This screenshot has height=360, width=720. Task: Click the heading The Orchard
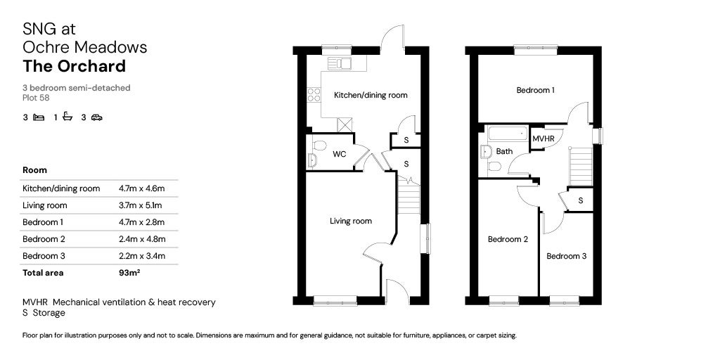pyautogui.click(x=74, y=66)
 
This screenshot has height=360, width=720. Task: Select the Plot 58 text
pyautogui.click(x=36, y=97)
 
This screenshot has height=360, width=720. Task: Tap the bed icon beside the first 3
pyautogui.click(x=39, y=117)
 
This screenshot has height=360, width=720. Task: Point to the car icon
pyautogui.click(x=96, y=117)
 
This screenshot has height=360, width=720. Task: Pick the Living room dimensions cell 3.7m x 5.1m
pyautogui.click(x=141, y=205)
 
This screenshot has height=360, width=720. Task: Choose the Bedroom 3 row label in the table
pyautogui.click(x=44, y=256)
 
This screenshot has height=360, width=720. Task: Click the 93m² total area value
pyautogui.click(x=129, y=273)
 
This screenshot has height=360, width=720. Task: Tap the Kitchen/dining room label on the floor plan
pyautogui.click(x=371, y=96)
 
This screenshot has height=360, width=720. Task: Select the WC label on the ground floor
pyautogui.click(x=340, y=154)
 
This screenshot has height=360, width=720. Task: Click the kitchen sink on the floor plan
pyautogui.click(x=340, y=63)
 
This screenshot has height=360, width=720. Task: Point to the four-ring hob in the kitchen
pyautogui.click(x=314, y=95)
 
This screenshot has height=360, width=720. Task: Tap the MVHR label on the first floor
pyautogui.click(x=544, y=139)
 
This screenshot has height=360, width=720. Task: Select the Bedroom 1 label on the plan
pyautogui.click(x=535, y=91)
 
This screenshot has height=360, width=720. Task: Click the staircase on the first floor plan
pyautogui.click(x=581, y=166)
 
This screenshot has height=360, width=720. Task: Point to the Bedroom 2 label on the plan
pyautogui.click(x=508, y=239)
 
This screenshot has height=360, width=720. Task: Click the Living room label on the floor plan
pyautogui.click(x=351, y=221)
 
